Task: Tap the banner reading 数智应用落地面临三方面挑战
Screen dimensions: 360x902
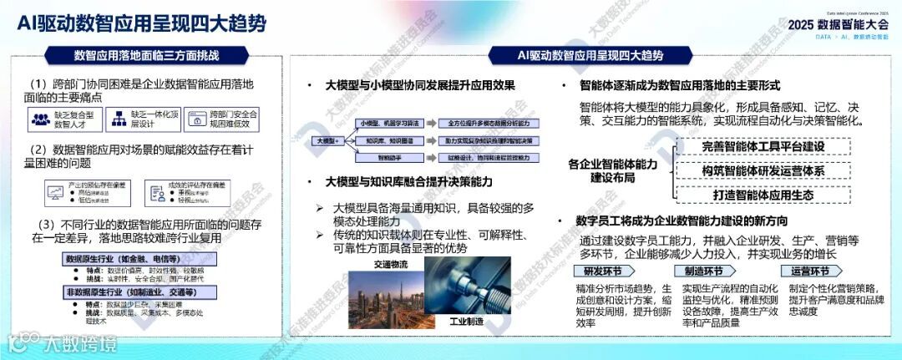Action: coord(146,56)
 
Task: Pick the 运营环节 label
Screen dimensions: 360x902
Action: coord(810,271)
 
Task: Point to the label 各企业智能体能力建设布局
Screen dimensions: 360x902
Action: coord(612,170)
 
